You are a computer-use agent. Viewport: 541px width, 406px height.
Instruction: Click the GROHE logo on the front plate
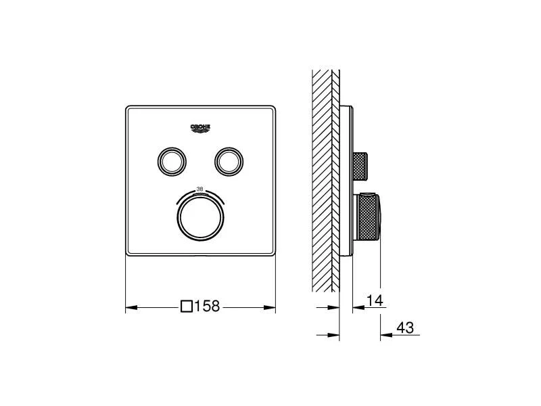[201, 126]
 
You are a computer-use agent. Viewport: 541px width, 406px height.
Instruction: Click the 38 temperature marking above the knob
[199, 189]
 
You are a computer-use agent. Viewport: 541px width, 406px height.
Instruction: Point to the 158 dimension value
[208, 307]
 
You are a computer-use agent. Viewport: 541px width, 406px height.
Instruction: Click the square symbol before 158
[187, 307]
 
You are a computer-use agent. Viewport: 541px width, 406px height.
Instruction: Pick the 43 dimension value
[404, 328]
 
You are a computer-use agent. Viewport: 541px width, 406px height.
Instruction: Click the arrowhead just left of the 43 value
[385, 334]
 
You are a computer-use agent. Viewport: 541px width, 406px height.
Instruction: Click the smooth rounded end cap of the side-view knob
[381, 217]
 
